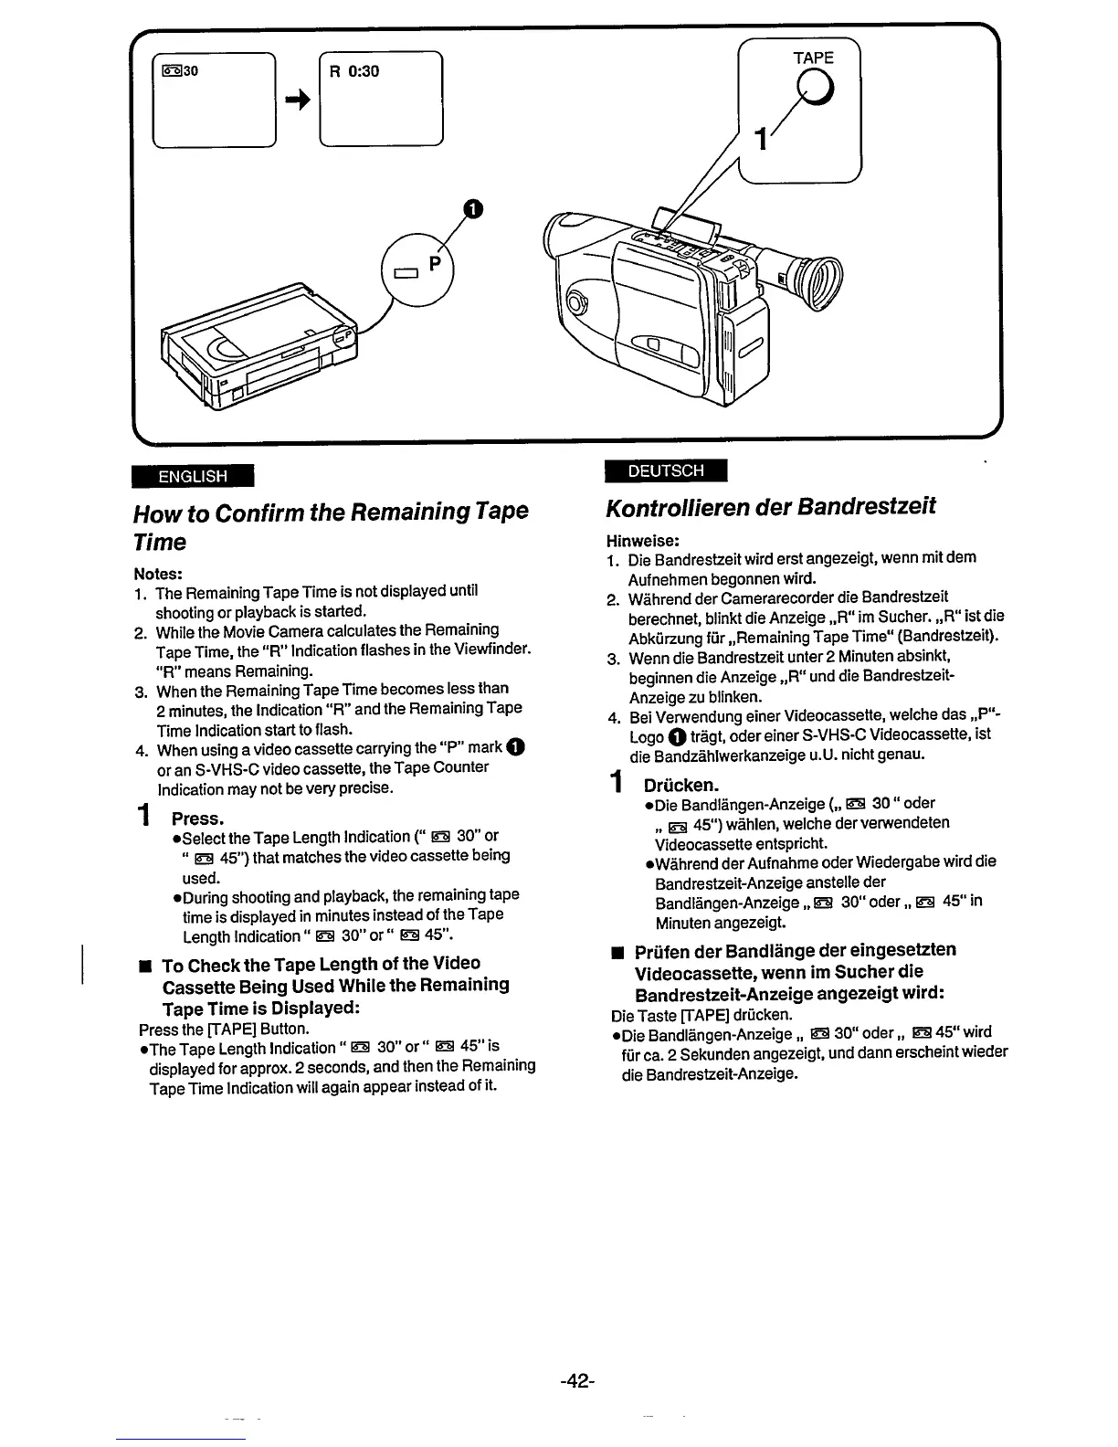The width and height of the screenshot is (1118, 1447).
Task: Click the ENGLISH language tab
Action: click(x=193, y=476)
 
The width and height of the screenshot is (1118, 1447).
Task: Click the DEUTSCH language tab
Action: click(x=665, y=470)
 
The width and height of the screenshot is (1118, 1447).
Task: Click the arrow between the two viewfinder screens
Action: click(x=296, y=102)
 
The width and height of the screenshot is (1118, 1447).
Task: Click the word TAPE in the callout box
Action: click(x=813, y=58)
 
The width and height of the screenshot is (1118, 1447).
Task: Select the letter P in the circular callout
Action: click(x=435, y=263)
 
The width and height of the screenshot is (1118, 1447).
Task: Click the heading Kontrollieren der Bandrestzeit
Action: click(x=771, y=507)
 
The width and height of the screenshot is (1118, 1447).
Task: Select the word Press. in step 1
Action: click(x=197, y=818)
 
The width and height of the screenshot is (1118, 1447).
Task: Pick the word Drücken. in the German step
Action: click(x=681, y=785)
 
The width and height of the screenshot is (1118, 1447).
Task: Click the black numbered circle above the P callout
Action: click(x=470, y=209)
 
